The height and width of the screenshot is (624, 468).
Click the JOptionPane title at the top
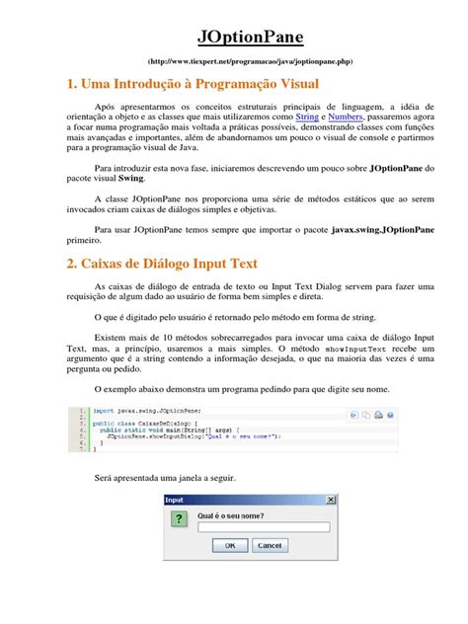click(233, 38)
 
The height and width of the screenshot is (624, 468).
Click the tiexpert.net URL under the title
click(233, 61)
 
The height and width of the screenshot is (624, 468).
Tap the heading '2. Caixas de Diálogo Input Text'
click(162, 264)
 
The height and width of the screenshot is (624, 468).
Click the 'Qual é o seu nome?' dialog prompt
click(232, 513)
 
